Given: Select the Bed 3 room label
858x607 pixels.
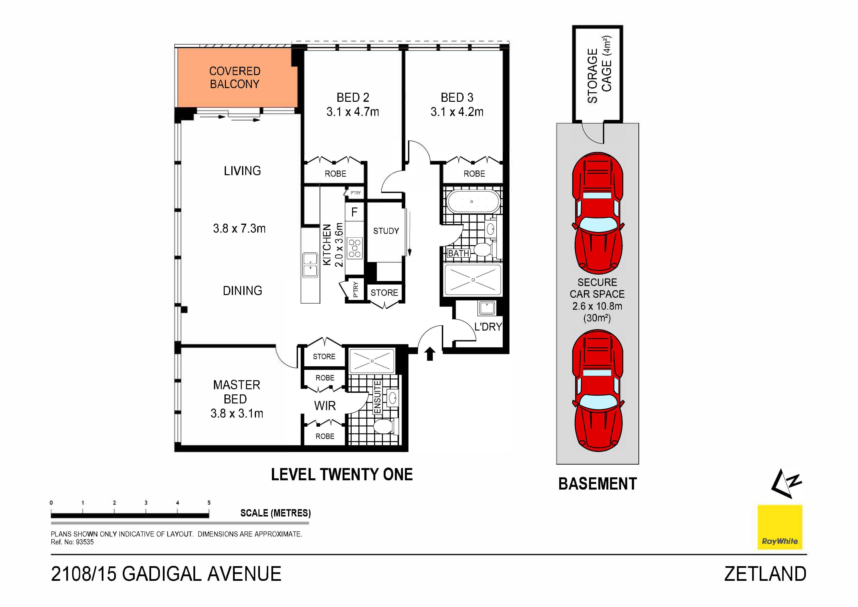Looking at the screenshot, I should coord(457,98).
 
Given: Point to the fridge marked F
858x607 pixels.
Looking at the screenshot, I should coord(354,212).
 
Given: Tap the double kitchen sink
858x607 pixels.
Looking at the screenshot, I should coord(310,265).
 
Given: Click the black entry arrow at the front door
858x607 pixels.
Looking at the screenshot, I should coord(430,354).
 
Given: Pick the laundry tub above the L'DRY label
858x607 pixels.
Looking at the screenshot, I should coord(487,308).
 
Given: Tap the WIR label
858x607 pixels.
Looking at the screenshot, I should coord(325,406).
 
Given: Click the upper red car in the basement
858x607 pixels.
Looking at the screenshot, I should coord(598,213).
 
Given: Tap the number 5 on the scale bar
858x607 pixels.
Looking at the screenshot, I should coord(209,503).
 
